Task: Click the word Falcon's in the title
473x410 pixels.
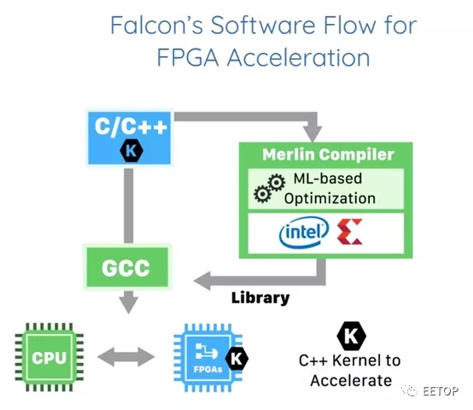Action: tap(156, 25)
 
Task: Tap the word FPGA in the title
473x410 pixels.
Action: tap(188, 57)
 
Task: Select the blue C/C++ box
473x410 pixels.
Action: tap(130, 138)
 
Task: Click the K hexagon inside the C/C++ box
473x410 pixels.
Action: tap(131, 150)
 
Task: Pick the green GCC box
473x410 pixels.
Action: tap(127, 267)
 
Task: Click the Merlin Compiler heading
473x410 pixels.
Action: tap(328, 155)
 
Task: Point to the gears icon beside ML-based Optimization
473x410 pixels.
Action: tap(270, 188)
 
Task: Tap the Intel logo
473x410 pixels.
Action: tap(304, 232)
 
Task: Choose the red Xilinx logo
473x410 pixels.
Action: tap(350, 231)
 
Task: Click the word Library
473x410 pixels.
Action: tap(260, 298)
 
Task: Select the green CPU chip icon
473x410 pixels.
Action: tap(50, 357)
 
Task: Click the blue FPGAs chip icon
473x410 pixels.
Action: tap(208, 358)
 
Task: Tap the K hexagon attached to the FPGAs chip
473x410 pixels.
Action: tap(236, 359)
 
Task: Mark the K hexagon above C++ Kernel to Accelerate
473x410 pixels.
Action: tap(351, 336)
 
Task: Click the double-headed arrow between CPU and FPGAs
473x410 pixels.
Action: tap(126, 357)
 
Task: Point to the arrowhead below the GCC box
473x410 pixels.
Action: tap(129, 305)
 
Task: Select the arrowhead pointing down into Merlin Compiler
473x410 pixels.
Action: tap(312, 134)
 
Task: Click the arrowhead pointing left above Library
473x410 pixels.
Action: tap(202, 280)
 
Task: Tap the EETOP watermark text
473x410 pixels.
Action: tap(440, 391)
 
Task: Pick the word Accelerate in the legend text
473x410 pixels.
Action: tap(351, 380)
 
